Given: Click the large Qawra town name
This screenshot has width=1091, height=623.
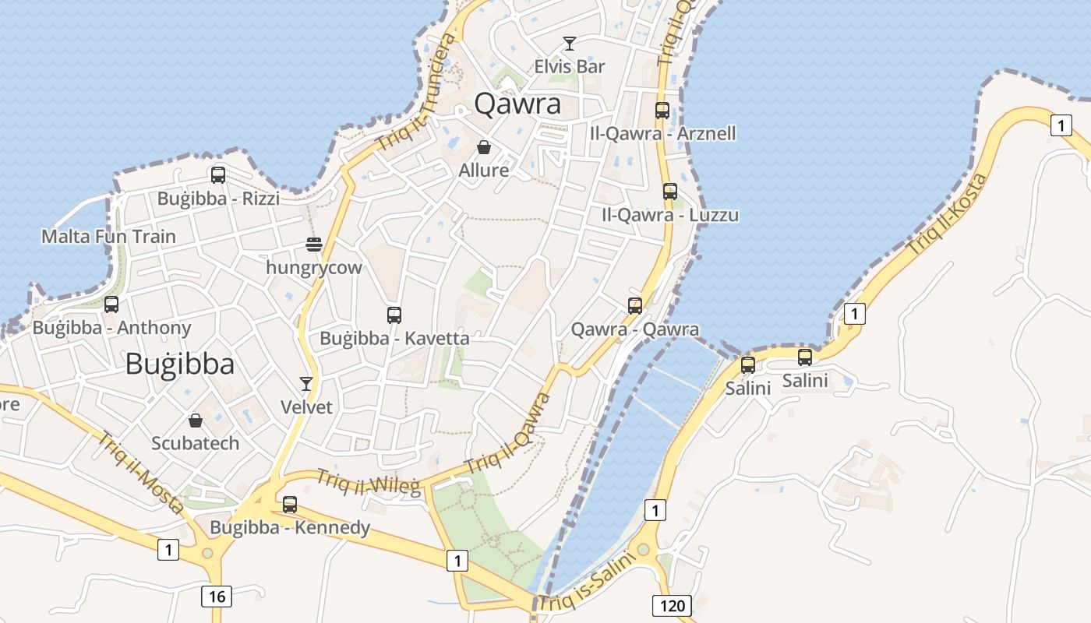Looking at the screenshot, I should point(517,104).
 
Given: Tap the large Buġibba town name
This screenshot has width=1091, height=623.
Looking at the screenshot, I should point(179,364).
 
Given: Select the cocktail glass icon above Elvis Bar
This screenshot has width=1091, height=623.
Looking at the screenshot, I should point(570,44).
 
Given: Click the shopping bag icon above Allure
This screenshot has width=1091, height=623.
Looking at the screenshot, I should point(484,147).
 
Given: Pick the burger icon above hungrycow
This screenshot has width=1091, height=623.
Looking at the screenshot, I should point(314,245).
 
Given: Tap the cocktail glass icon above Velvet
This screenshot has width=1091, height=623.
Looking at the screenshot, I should point(306,384).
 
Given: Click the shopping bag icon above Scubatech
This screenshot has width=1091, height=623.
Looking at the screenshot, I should point(196,421).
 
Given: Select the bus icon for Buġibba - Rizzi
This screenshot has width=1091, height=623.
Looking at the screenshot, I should point(218,175).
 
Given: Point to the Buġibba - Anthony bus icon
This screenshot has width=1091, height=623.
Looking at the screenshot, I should point(111,304).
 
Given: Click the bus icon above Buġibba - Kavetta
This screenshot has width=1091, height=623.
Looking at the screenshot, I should point(394,315).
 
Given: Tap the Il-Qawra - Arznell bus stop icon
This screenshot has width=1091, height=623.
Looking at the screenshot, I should point(662,111).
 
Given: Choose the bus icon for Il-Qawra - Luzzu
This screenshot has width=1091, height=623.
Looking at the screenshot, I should point(670,192).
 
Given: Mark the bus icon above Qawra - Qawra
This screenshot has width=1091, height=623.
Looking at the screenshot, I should point(635,306).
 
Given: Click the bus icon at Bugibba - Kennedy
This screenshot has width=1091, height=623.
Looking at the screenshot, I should point(290,505).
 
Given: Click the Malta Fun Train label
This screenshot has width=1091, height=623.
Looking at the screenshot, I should point(108,236).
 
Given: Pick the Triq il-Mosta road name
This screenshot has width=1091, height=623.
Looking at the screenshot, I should point(140,471).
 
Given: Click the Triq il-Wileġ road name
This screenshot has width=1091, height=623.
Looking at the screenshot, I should point(368,482).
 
